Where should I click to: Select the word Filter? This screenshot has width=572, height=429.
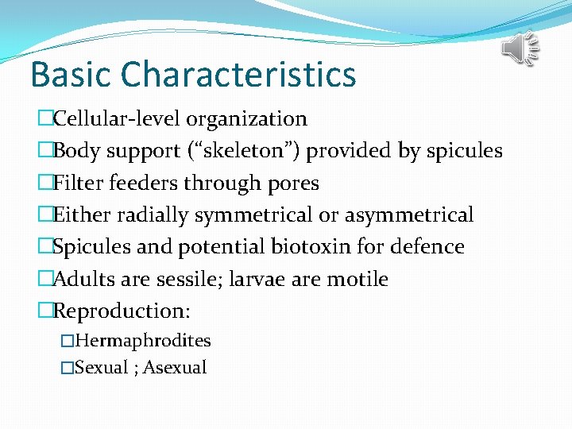pos(76,184)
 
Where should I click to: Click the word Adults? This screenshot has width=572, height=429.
pos(83,280)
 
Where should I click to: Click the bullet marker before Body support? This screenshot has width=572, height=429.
pos(44,151)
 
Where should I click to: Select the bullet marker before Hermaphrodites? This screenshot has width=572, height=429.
pos(68,342)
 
